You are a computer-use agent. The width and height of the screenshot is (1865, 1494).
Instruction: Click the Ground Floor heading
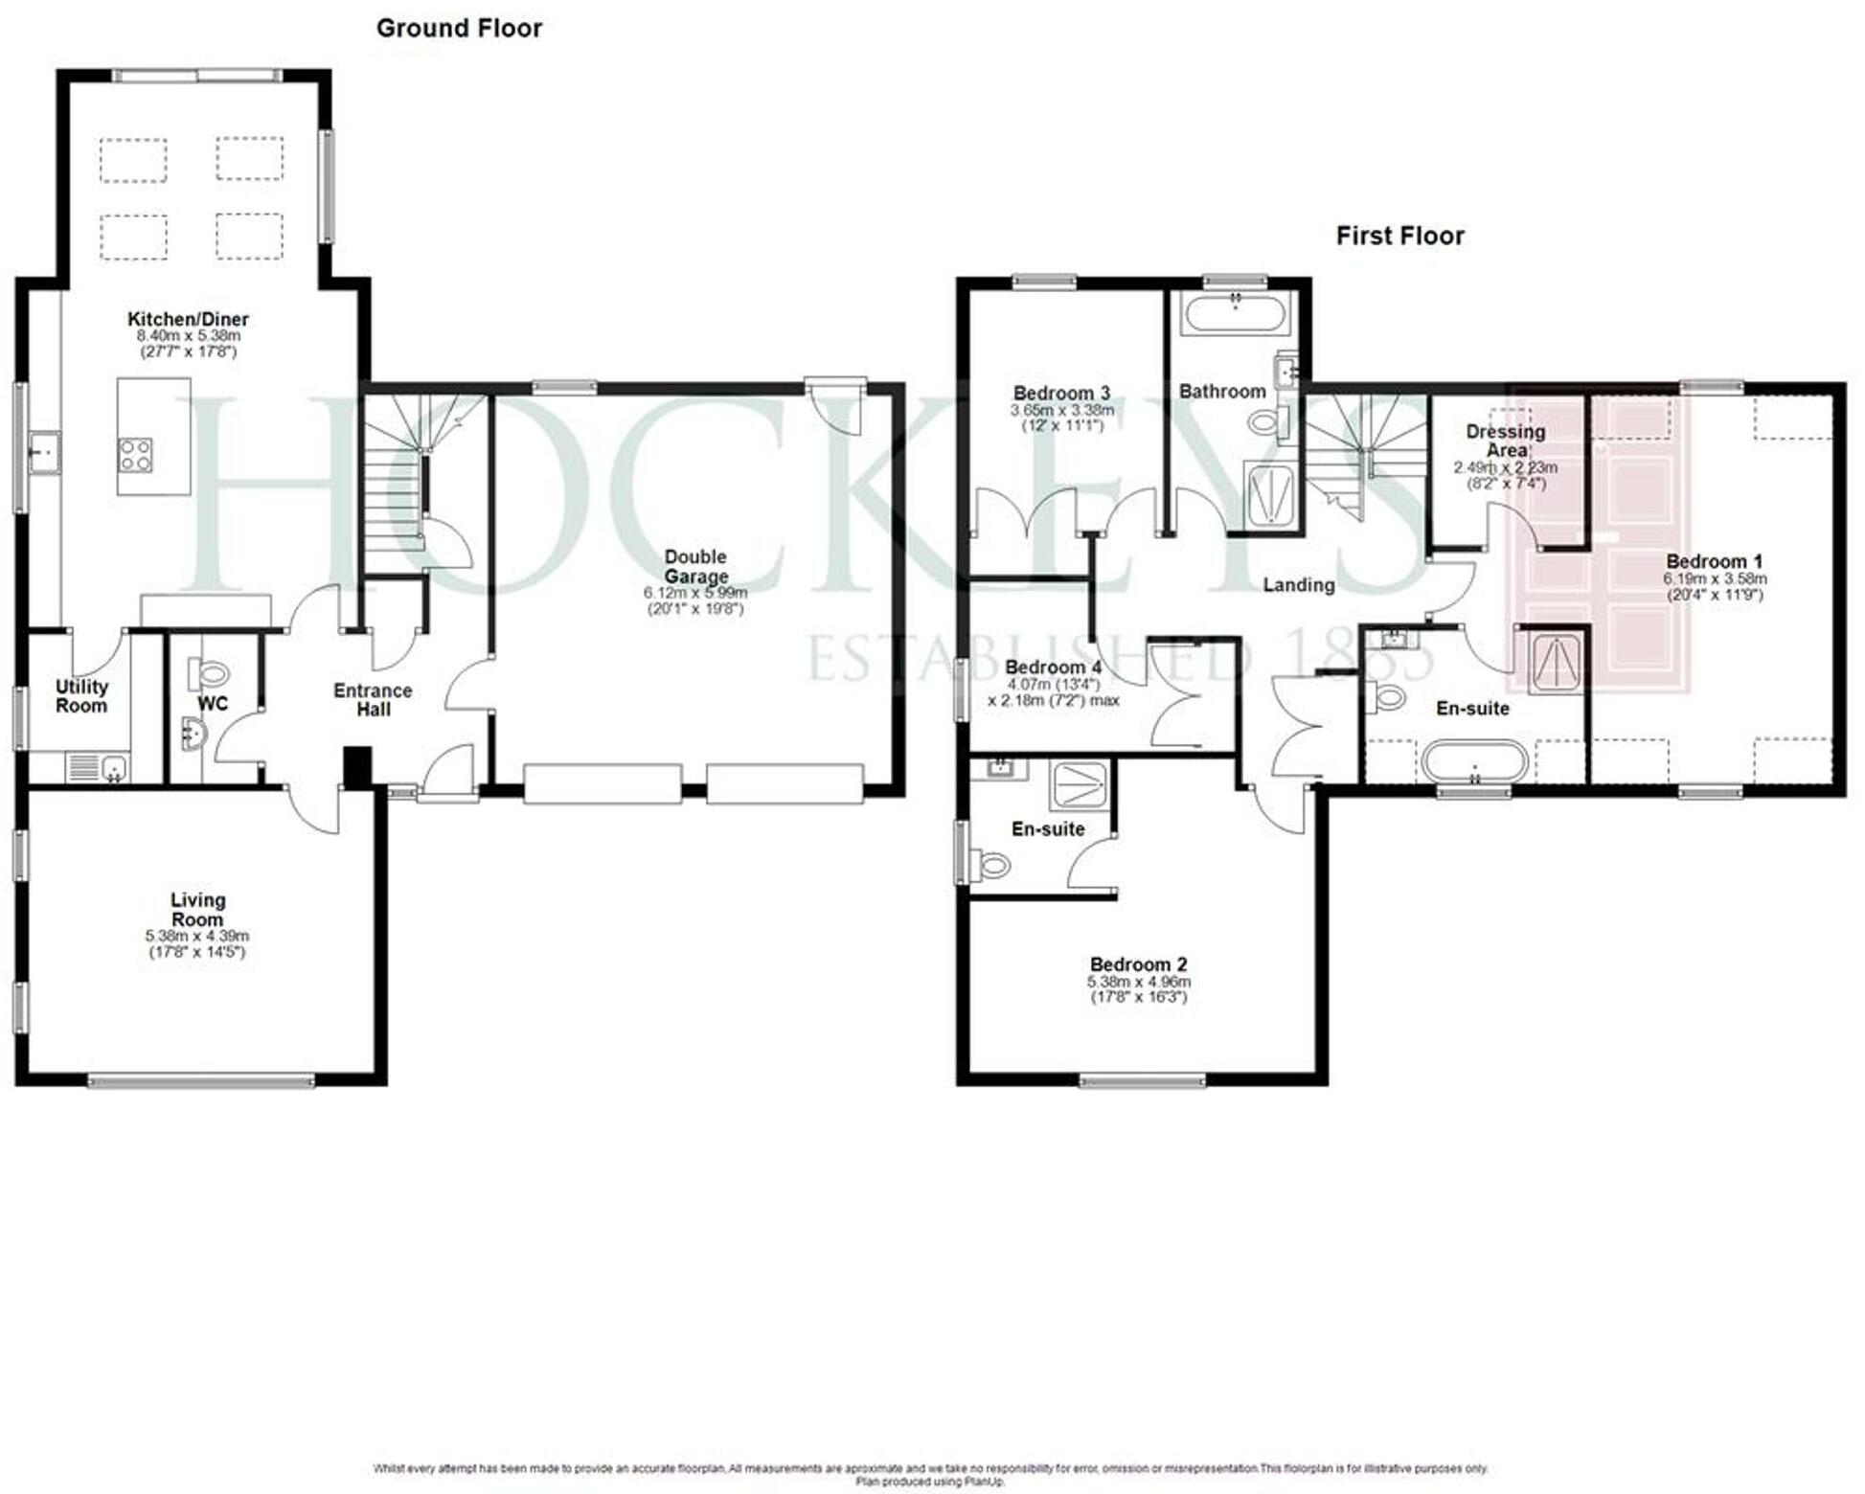point(459,29)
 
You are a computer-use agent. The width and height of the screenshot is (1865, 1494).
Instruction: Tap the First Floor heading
point(1399,236)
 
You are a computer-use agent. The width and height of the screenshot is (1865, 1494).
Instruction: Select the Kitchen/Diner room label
point(188,319)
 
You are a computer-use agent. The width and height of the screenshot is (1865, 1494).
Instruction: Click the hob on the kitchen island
point(135,454)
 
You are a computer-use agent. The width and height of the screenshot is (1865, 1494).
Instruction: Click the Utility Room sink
point(114,768)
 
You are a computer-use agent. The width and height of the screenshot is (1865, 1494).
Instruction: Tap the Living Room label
point(197,910)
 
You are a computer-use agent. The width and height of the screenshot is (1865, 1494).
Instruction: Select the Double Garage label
point(695,566)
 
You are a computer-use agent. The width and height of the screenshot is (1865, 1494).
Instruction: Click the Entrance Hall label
point(373,699)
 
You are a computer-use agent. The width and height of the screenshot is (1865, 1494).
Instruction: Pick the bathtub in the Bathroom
point(1235,314)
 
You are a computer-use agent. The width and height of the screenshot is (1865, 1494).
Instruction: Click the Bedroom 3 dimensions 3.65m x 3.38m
point(1061,410)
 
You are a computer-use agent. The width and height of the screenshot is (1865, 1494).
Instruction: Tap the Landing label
point(1298,585)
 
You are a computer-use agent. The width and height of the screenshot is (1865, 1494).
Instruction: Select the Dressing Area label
point(1505,441)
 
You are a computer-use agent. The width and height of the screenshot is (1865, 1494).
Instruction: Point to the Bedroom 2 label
point(1138,964)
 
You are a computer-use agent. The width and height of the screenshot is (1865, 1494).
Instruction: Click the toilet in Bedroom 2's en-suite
point(992,866)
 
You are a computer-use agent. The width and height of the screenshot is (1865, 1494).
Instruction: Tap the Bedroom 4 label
point(1053,667)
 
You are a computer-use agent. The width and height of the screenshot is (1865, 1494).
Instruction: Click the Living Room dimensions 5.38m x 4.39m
point(197,936)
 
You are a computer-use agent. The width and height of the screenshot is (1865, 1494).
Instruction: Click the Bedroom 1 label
point(1714,561)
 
